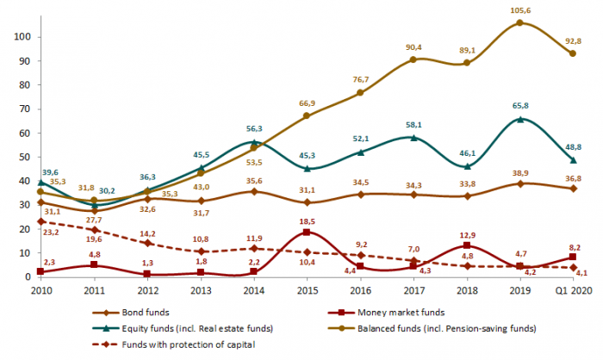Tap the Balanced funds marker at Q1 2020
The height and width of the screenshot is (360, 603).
573,53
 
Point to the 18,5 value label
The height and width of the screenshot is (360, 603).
307,221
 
